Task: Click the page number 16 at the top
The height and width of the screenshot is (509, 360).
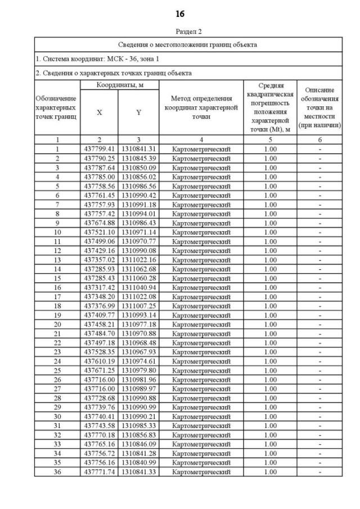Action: (180, 13)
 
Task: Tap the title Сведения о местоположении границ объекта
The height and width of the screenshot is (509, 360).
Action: (188, 44)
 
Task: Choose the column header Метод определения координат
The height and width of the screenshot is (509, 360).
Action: (201, 107)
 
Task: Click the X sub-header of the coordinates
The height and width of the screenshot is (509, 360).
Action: (100, 112)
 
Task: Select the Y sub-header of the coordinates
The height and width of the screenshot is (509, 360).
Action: (138, 112)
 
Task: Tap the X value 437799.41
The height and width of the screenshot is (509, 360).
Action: (100, 149)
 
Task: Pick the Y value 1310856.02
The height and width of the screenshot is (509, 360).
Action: (138, 177)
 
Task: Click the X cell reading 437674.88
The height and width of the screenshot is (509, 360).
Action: (100, 223)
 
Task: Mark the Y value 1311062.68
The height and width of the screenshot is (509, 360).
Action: (138, 269)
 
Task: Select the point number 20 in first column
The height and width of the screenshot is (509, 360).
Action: (57, 325)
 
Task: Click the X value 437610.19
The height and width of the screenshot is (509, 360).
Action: (100, 361)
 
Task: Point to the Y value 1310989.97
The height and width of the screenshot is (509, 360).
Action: (138, 389)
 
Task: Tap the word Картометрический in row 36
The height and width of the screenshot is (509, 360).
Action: (201, 472)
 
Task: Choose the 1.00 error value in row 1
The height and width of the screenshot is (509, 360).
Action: (271, 149)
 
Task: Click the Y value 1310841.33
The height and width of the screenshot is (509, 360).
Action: (138, 472)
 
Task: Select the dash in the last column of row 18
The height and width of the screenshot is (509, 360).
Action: (320, 306)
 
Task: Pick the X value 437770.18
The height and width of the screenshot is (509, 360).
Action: (100, 435)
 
